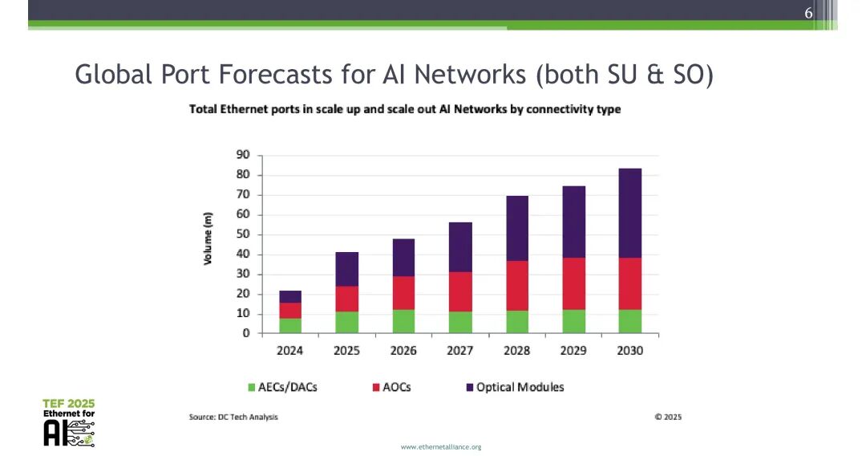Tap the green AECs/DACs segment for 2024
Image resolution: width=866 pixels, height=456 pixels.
click(x=290, y=325)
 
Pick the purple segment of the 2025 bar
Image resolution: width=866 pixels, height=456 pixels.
click(x=346, y=269)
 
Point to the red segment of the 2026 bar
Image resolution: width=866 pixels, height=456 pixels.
click(x=403, y=293)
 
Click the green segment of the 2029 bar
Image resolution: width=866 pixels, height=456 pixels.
click(x=573, y=321)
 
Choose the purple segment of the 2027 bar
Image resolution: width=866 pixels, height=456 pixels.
click(x=460, y=246)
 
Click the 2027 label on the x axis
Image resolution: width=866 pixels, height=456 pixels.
click(x=460, y=351)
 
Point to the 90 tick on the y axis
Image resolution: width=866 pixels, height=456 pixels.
click(x=243, y=155)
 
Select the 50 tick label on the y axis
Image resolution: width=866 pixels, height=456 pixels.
click(x=243, y=234)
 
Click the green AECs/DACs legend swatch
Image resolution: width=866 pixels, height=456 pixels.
click(x=251, y=388)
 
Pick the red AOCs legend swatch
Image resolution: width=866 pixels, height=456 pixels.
click(x=375, y=388)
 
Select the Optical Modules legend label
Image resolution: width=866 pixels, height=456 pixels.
click(x=520, y=387)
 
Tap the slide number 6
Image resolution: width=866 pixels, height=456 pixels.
click(x=808, y=14)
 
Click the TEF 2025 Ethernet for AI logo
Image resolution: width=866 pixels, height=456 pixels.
click(x=68, y=422)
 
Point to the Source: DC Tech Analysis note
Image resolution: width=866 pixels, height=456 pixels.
click(x=233, y=417)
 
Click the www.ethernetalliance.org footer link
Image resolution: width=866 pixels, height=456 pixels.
click(x=441, y=446)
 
